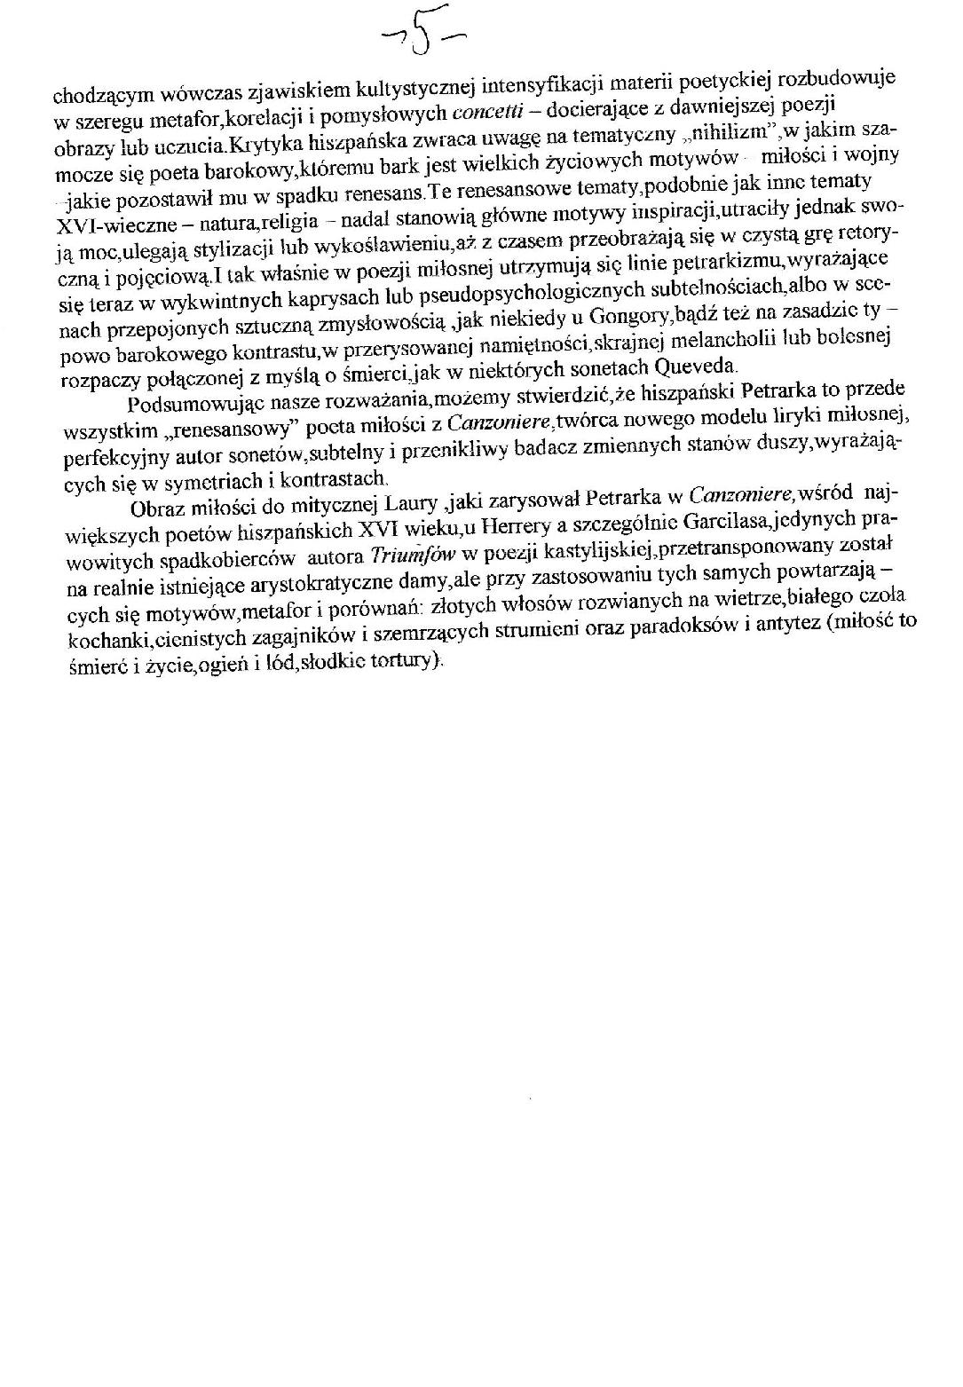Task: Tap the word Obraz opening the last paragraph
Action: [x=157, y=508]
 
